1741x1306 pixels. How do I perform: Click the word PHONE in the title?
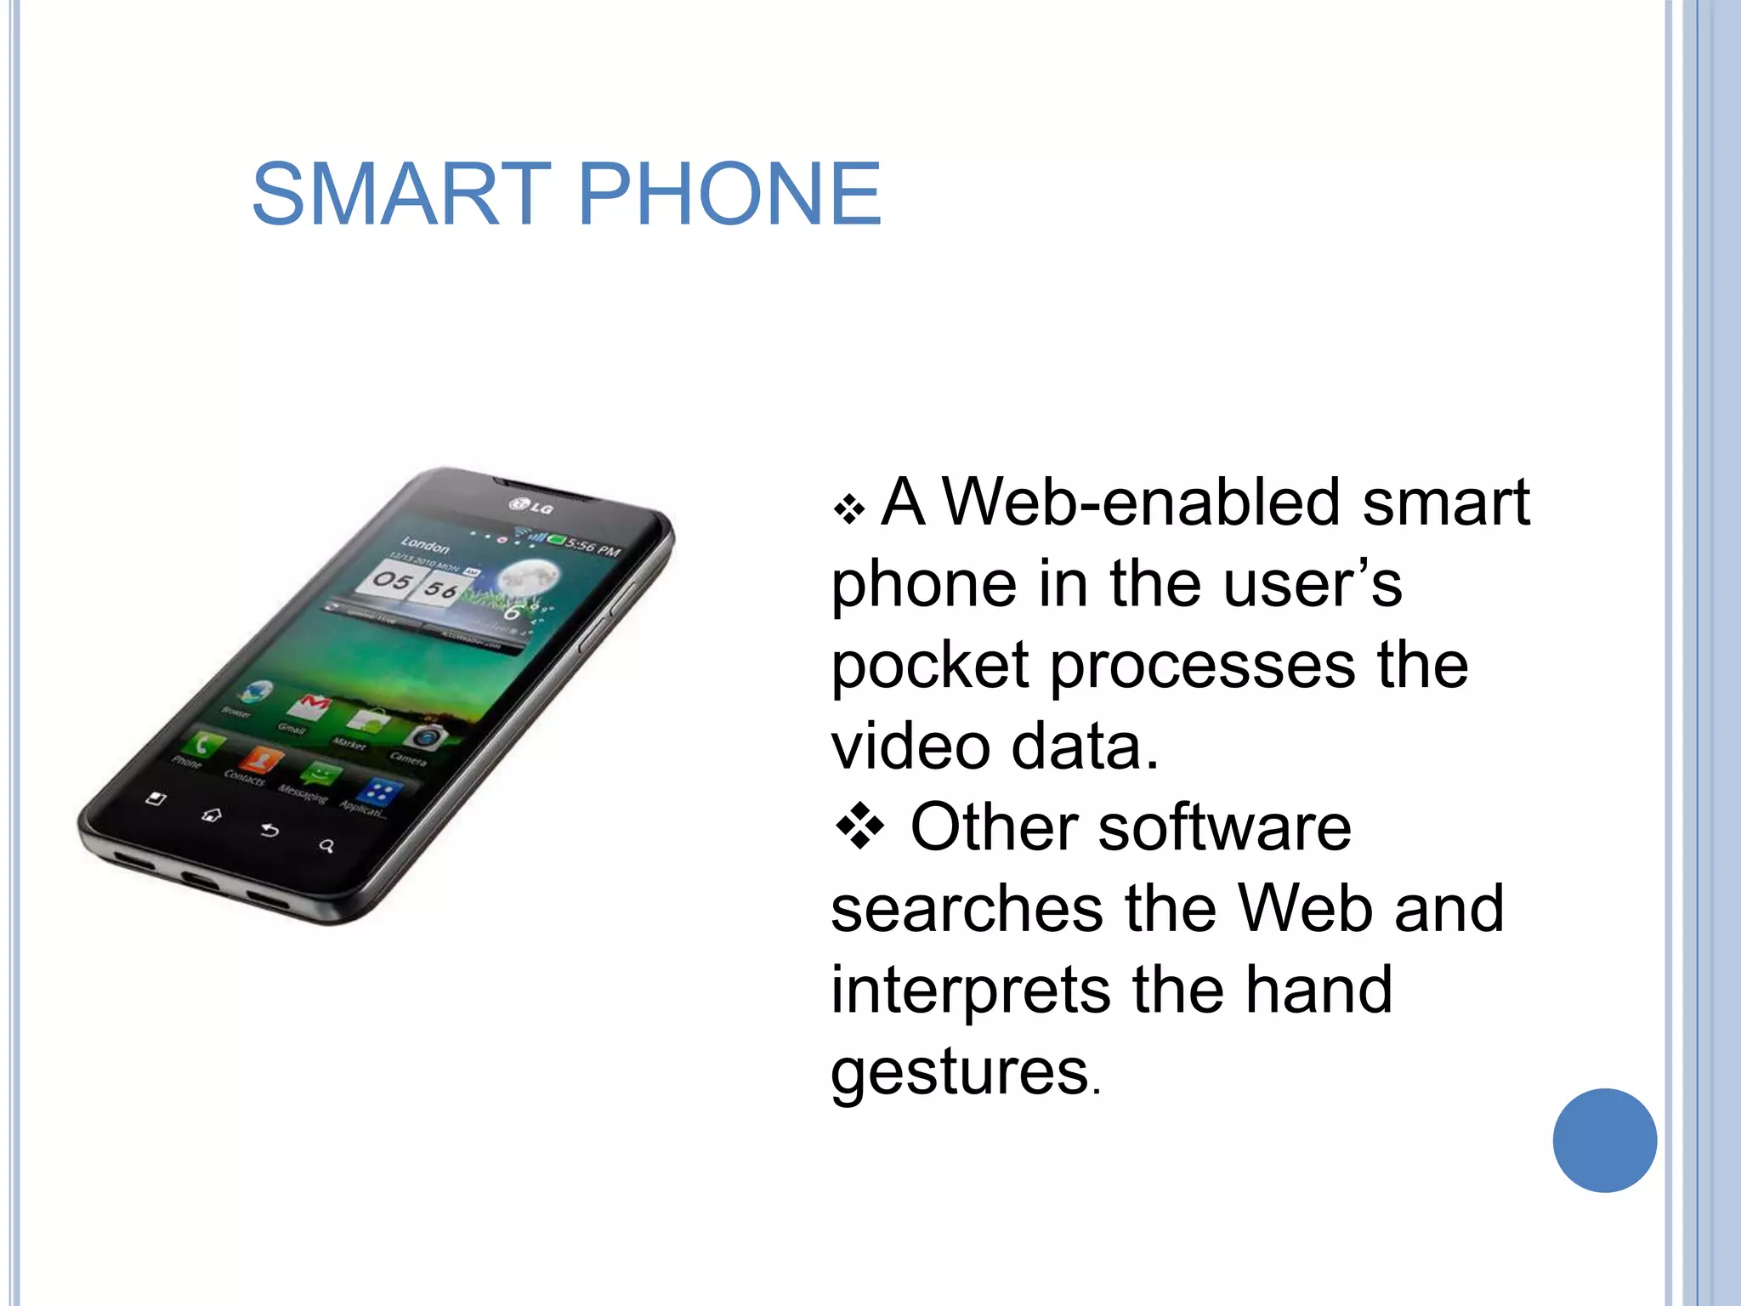point(729,195)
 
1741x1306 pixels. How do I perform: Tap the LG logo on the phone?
point(531,507)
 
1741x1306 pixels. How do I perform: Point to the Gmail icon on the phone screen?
point(309,706)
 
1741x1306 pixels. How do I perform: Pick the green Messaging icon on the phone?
point(320,775)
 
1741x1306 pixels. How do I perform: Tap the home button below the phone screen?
point(212,815)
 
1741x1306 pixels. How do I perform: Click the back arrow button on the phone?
point(269,831)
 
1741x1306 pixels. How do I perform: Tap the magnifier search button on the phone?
point(326,846)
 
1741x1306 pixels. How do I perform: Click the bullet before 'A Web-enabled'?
point(848,510)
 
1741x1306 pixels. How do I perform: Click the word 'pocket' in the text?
point(930,667)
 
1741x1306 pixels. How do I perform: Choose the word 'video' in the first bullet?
point(910,747)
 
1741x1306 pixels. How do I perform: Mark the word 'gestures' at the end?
point(960,1073)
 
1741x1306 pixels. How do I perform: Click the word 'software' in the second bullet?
point(1223,828)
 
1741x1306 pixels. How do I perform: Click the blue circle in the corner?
point(1604,1140)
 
